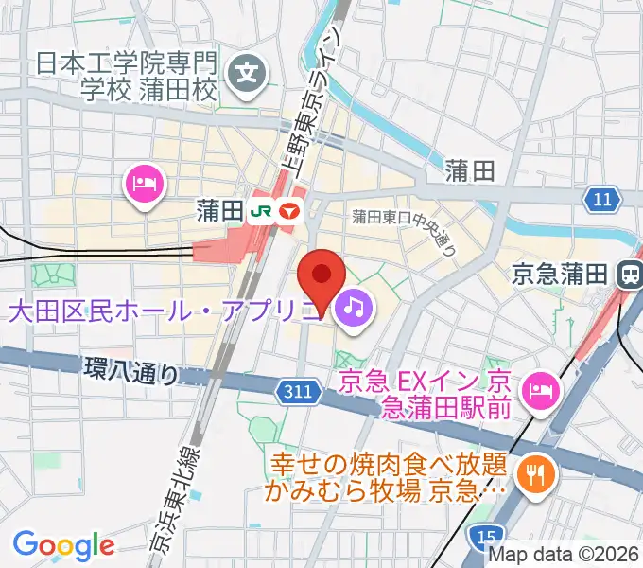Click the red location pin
click(321, 276)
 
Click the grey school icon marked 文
click(250, 70)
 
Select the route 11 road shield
click(603, 199)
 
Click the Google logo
click(62, 545)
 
